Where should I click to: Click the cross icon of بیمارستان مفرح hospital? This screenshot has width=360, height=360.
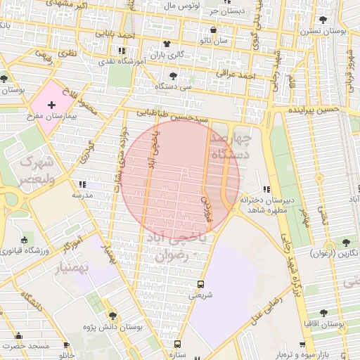click(x=51, y=105)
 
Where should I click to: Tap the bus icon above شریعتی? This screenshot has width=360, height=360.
click(x=201, y=285)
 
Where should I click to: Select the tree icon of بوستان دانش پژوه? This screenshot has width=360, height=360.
click(x=111, y=316)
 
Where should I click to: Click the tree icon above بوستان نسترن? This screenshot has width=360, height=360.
click(x=323, y=20)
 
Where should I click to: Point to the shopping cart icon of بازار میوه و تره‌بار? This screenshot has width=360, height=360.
click(x=302, y=345)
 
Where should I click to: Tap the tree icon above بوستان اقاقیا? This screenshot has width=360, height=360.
click(x=323, y=313)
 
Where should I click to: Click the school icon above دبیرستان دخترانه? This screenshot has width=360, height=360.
click(x=266, y=188)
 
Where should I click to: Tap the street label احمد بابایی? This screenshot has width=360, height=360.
click(x=117, y=34)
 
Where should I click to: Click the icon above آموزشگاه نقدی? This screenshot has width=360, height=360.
click(x=122, y=51)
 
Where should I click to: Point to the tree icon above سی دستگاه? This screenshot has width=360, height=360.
click(x=173, y=75)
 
